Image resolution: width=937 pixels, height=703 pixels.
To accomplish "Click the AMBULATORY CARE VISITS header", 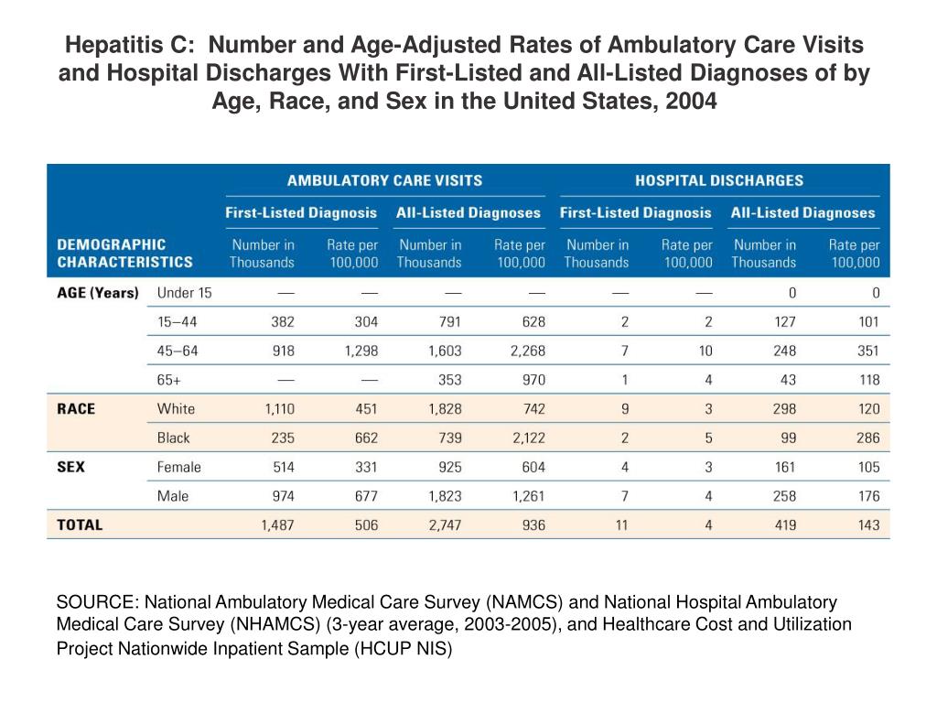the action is point(385,180).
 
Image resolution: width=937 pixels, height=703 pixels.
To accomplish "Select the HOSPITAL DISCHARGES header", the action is point(719,180).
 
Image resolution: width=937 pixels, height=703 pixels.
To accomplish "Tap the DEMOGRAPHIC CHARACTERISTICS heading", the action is point(124,254).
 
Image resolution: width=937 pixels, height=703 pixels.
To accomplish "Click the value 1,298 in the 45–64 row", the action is point(361,351).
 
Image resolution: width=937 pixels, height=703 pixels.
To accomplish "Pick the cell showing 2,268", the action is point(528,351).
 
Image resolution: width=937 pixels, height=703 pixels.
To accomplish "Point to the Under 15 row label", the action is point(185,293).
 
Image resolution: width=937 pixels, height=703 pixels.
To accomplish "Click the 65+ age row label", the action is point(169,380).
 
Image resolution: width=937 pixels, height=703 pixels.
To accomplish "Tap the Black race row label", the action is point(173,438).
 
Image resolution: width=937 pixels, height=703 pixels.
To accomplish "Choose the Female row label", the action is point(179,468).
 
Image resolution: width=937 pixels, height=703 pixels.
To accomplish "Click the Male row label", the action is point(173,496).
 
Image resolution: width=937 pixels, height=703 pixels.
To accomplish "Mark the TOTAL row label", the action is point(81,525).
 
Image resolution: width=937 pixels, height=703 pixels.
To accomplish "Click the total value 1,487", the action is point(278,525).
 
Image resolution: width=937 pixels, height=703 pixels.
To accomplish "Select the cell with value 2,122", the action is point(528,438).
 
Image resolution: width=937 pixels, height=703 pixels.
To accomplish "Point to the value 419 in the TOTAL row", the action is point(785,525).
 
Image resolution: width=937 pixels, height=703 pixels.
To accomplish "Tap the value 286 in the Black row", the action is point(868,438).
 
